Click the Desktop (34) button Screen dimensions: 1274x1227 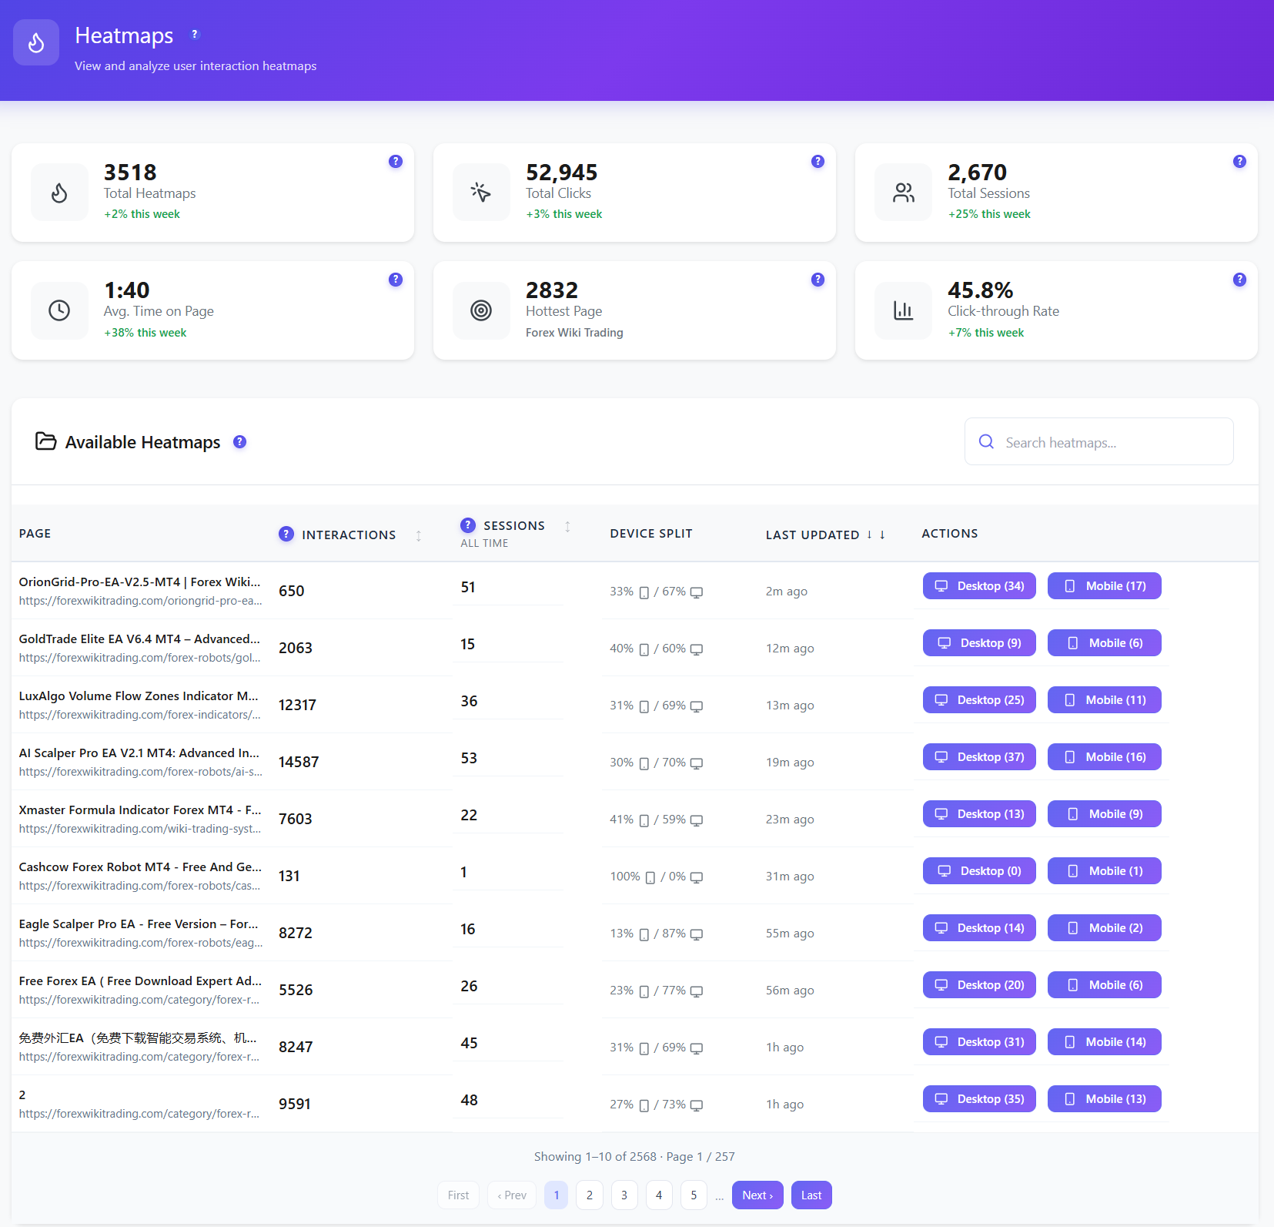pos(979,586)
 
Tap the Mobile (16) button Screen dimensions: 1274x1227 pos(1105,757)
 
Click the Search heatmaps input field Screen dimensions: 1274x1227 pos(1099,442)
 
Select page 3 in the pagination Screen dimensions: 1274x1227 pos(624,1195)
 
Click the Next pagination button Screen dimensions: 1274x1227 pos(757,1195)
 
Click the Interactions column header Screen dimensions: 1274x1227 pos(349,535)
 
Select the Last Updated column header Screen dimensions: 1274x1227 pos(812,535)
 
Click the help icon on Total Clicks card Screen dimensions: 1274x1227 pos(818,161)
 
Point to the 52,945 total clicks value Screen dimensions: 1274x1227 pos(561,173)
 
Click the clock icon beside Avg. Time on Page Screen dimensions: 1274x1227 pos(59,310)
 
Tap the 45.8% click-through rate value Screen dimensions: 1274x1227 pos(980,290)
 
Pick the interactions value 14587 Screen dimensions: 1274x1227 pos(299,762)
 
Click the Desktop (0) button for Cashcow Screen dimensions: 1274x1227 pos(979,871)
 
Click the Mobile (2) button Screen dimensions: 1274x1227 pos(1105,928)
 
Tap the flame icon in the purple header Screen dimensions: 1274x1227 pos(36,42)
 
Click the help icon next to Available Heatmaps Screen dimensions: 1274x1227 pos(240,442)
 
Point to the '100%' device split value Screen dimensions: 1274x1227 pos(625,877)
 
